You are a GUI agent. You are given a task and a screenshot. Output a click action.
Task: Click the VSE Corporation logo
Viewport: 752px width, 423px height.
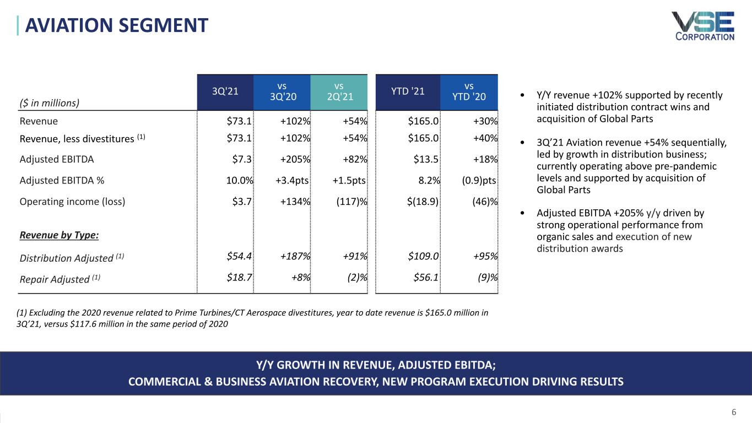tap(702, 26)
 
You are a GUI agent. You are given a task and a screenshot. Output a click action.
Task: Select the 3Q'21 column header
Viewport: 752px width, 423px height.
tap(225, 92)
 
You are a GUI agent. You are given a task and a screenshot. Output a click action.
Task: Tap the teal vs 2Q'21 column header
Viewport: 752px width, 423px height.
tap(339, 92)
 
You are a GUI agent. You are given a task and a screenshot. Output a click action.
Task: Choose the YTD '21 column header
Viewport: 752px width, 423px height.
tap(408, 92)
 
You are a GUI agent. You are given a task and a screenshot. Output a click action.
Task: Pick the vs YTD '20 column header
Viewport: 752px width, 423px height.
tap(469, 92)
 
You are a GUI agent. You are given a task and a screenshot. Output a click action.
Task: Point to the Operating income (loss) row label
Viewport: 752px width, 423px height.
tap(72, 201)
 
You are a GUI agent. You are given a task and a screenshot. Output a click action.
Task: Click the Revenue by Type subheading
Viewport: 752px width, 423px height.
tap(59, 235)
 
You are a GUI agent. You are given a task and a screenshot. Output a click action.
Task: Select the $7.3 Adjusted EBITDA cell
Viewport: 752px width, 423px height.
tap(242, 159)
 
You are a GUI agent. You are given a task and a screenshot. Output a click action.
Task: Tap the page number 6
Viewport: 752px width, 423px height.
tap(734, 413)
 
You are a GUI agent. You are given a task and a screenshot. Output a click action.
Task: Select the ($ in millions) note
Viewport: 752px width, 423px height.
tap(50, 102)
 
